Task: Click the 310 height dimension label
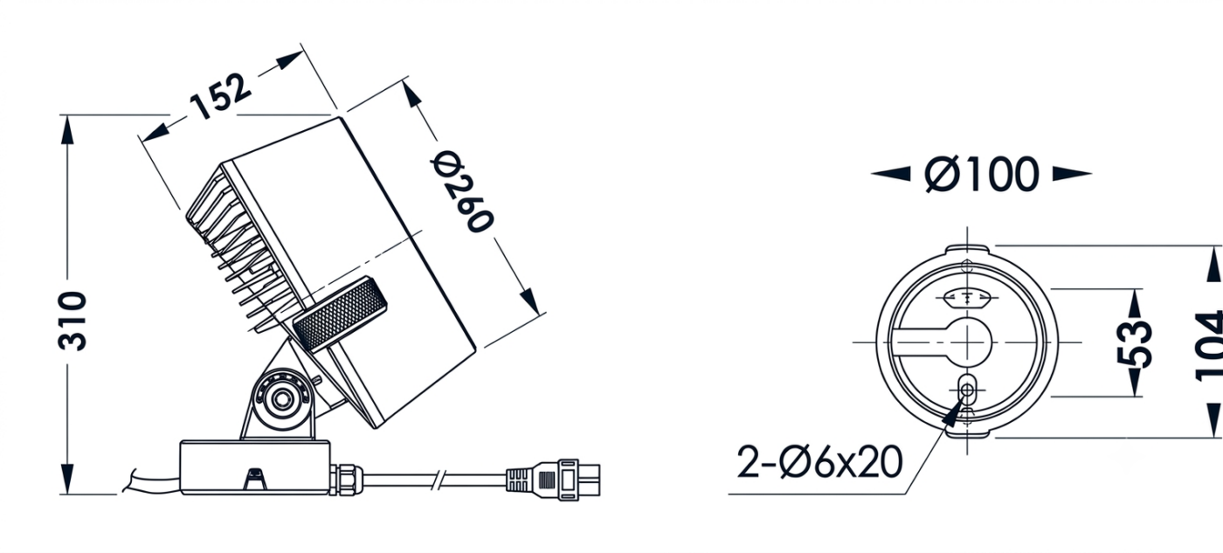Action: (x=73, y=321)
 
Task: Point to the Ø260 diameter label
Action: (x=462, y=191)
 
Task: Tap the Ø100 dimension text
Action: (x=981, y=174)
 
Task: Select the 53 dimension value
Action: (x=1134, y=343)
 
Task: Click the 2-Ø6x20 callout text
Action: (x=819, y=462)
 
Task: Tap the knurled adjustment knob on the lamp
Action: (x=340, y=314)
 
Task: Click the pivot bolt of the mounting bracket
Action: (x=281, y=399)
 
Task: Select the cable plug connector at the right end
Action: (x=552, y=480)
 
